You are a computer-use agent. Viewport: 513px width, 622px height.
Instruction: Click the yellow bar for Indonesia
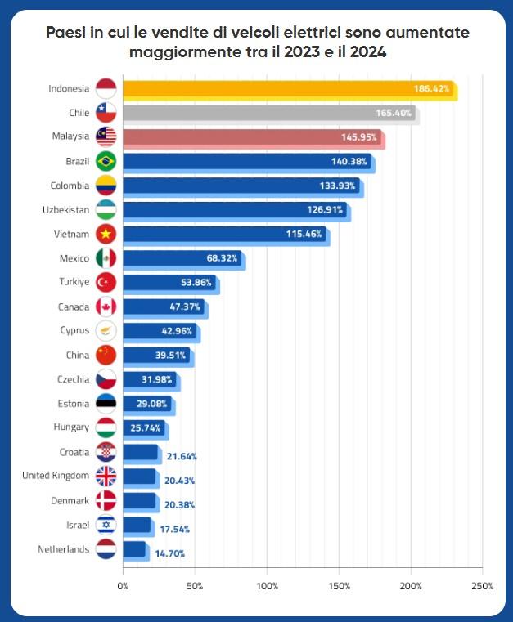(286, 88)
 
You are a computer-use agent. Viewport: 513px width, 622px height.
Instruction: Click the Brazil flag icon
(106, 161)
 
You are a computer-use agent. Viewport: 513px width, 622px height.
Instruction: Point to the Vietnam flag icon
(106, 234)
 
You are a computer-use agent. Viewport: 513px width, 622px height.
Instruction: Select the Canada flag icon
(106, 307)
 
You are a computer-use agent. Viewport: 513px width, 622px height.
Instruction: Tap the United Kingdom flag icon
(106, 477)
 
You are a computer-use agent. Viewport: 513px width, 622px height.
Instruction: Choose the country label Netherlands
(63, 549)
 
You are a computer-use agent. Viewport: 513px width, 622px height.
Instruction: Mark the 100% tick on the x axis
(267, 586)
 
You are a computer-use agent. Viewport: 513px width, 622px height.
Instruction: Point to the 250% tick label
(482, 586)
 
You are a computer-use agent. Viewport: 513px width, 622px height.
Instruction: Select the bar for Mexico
(182, 258)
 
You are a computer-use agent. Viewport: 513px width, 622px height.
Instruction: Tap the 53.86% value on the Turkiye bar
(196, 283)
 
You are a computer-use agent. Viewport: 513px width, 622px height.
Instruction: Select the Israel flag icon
(106, 525)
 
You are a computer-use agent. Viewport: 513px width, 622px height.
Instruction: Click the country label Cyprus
(74, 331)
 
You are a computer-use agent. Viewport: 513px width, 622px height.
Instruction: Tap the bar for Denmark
(139, 501)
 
